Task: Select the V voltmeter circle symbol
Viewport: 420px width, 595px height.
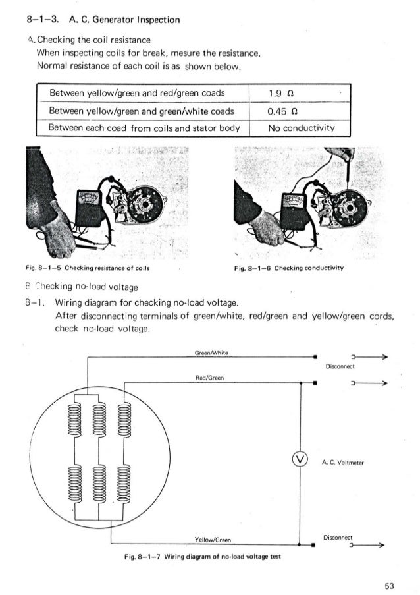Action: (x=300, y=459)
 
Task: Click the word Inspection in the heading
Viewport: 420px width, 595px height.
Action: (x=151, y=20)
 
